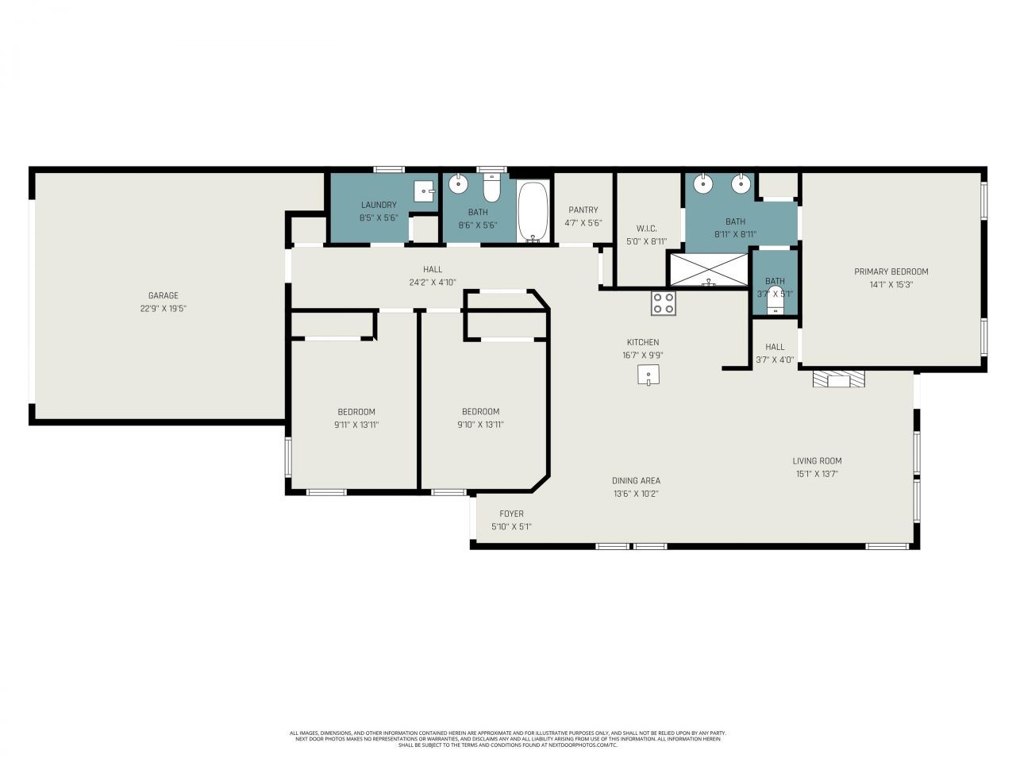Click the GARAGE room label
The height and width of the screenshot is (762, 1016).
point(163,295)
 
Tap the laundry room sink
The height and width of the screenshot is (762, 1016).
point(425,191)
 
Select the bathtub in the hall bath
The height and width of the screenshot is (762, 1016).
point(533,211)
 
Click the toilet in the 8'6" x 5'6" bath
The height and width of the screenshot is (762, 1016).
point(491,188)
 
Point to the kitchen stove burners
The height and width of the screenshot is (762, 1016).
point(664,302)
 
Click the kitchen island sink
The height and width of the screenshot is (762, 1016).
point(648,375)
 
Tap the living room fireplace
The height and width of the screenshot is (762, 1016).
point(839,380)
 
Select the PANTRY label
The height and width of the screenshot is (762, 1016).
point(583,210)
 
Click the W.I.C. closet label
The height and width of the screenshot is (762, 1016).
point(646,229)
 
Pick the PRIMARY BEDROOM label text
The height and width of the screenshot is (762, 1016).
point(891,271)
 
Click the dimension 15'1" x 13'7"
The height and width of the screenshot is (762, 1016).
point(817,474)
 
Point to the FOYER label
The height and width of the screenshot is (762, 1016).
point(511,514)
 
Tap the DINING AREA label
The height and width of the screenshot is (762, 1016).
point(636,480)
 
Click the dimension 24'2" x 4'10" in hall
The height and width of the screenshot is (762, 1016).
point(433,282)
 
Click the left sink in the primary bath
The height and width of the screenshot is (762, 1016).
point(703,184)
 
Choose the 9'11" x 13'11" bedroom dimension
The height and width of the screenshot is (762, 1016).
point(356,425)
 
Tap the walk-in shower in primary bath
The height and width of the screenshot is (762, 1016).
point(709,270)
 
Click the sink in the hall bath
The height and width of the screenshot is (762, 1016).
point(459,185)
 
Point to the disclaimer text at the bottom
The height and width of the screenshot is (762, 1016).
point(508,739)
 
